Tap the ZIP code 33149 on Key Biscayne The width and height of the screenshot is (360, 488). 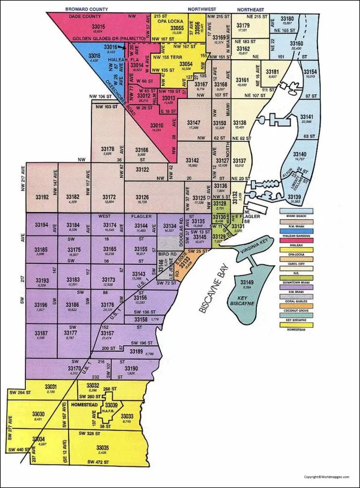[247, 282]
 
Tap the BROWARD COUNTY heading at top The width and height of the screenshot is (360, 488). [87, 9]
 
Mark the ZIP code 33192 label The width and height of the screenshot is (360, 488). [42, 197]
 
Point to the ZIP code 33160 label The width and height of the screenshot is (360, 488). [296, 44]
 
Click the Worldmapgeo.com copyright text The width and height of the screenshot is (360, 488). [326, 477]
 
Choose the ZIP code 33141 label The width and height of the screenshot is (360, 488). [306, 116]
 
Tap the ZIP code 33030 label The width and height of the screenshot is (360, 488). [38, 413]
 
